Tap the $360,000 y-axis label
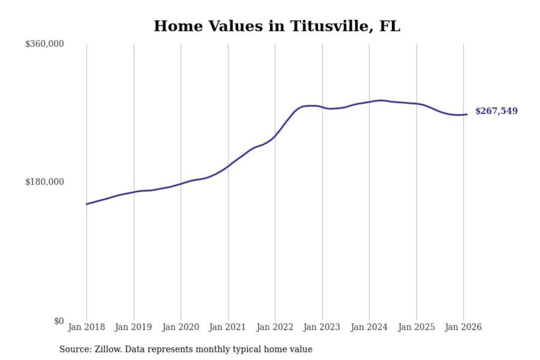click(x=45, y=44)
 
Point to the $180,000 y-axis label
click(x=45, y=182)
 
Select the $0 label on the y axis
click(x=59, y=321)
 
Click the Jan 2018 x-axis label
click(x=86, y=327)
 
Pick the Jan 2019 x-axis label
click(x=133, y=327)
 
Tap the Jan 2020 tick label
click(x=180, y=327)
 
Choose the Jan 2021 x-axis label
click(x=227, y=327)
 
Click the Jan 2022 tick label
click(x=274, y=327)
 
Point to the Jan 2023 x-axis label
click(x=321, y=327)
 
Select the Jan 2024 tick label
click(x=369, y=327)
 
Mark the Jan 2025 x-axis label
click(x=416, y=327)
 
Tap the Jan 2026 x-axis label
click(x=463, y=327)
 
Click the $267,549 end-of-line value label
click(x=496, y=111)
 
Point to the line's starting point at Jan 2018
click(x=87, y=204)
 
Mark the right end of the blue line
click(x=467, y=114)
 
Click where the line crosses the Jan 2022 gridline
click(x=275, y=136)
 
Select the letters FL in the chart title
click(x=390, y=26)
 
